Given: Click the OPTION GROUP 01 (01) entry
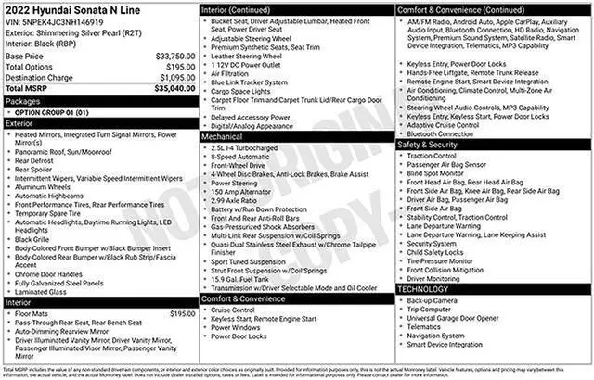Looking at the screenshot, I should (54, 110).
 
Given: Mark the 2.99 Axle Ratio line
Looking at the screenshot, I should (240, 200).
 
